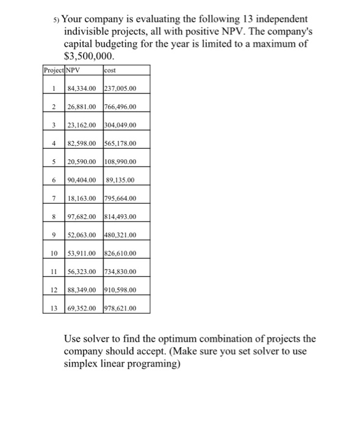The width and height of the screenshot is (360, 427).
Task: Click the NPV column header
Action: pyautogui.click(x=73, y=70)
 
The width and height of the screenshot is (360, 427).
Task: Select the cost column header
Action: pyautogui.click(x=110, y=70)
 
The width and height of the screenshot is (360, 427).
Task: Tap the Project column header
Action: pyautogui.click(x=53, y=70)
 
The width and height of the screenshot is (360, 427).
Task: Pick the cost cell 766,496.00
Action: pyautogui.click(x=121, y=107)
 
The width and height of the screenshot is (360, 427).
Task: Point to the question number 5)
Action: pyautogui.click(x=57, y=20)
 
